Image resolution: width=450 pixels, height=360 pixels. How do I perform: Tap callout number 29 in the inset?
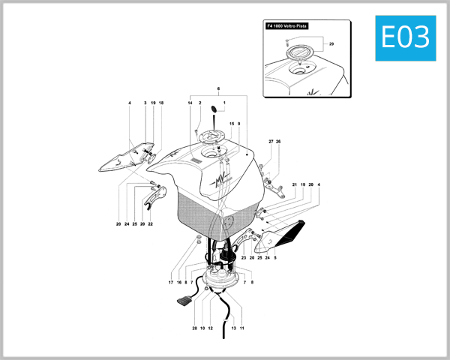[331, 44]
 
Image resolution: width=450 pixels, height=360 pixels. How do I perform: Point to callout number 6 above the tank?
[218, 88]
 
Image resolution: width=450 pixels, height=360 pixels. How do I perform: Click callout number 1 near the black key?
[223, 102]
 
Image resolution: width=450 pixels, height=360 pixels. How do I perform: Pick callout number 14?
[190, 102]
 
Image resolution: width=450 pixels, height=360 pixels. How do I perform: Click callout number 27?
[271, 141]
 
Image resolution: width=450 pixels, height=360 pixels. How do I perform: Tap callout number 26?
[278, 141]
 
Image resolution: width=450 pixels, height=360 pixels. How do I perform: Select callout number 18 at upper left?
[160, 102]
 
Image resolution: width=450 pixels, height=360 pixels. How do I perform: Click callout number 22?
[151, 224]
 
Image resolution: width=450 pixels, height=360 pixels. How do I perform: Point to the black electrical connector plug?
[184, 303]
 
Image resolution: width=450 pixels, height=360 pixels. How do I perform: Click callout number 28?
[193, 328]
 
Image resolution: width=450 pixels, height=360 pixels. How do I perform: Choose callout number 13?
[233, 328]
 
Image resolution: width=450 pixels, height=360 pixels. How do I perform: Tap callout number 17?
[171, 283]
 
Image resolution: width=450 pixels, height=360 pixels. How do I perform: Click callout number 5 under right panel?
[275, 258]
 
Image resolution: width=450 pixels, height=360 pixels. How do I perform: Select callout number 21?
[295, 184]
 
